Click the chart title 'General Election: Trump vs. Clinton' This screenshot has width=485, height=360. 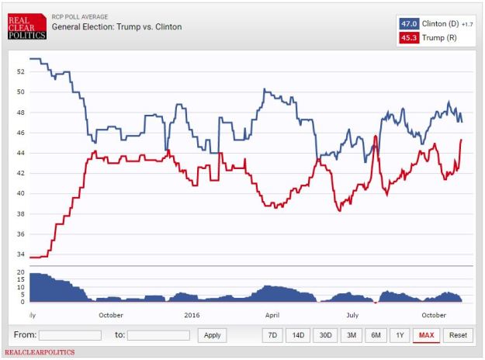coord(116,27)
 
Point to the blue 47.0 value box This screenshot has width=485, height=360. coord(409,23)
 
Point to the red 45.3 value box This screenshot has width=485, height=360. coord(409,37)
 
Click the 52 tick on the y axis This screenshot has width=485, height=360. coord(21,71)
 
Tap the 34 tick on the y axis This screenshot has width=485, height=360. coord(21,254)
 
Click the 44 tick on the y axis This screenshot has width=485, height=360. coord(21,153)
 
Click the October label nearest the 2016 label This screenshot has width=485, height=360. coord(111,315)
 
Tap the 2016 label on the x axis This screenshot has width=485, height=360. coord(191,315)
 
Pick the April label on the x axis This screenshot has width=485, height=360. coord(272,315)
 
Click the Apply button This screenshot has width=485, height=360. coord(211,335)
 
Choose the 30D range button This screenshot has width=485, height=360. coord(324,335)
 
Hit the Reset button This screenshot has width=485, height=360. coord(458,335)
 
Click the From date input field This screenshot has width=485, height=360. coord(70,335)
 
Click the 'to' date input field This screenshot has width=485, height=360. coord(158,335)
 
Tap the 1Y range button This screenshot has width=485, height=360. coord(399,335)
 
